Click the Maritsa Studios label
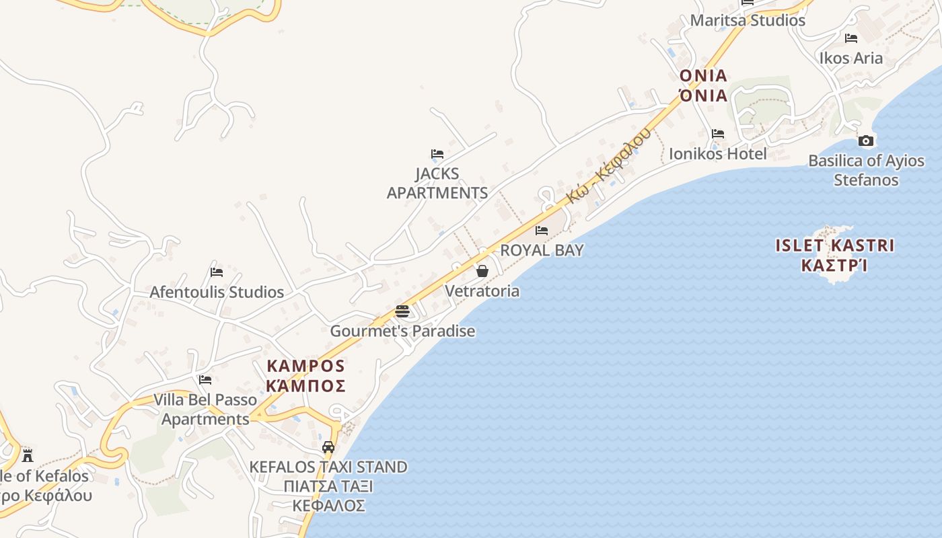[748, 20]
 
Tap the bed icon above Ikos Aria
[851, 38]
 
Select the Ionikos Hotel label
[717, 154]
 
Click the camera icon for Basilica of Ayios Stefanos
[866, 141]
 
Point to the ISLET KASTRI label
[834, 245]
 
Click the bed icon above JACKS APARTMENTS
[437, 154]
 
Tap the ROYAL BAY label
[542, 250]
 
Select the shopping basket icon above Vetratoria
[482, 271]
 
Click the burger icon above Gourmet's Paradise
[402, 311]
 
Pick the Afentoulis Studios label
[217, 292]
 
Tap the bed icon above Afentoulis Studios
[217, 272]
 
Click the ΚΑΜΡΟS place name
[306, 367]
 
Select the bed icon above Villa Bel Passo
[205, 380]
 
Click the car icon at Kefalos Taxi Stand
[328, 447]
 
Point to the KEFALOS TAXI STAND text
[328, 467]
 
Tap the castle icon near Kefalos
[27, 455]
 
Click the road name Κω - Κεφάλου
[609, 165]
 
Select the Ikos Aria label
[850, 58]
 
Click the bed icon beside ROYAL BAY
[542, 231]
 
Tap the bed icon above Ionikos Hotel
[718, 134]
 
